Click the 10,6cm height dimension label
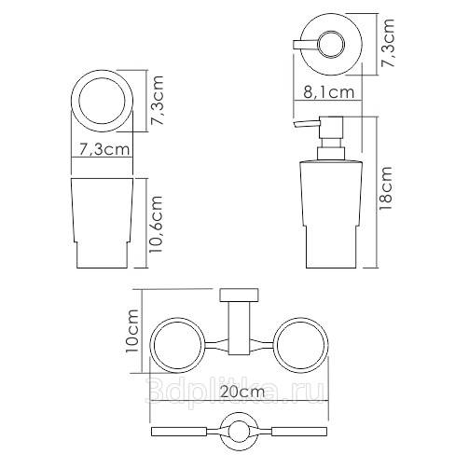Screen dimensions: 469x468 click(156, 224)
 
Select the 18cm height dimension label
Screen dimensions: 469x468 click(386, 188)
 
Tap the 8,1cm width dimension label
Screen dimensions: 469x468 click(329, 92)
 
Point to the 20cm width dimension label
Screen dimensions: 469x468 click(242, 392)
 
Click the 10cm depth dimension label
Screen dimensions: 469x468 click(131, 331)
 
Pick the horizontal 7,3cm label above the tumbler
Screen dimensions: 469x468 click(103, 149)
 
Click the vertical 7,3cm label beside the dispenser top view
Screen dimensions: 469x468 click(388, 43)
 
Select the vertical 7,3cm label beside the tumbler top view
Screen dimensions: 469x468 click(157, 100)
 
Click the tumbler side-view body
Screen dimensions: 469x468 click(103, 223)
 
